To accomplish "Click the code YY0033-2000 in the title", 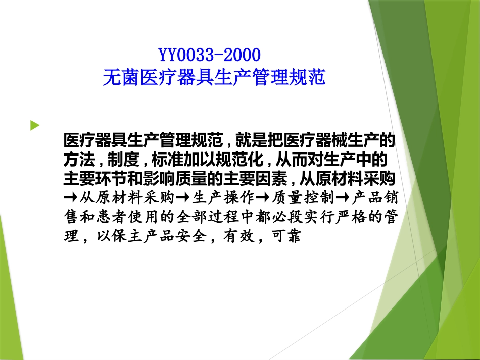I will pyautogui.click(x=210, y=54).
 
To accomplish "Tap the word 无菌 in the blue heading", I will pyautogui.click(x=115, y=77).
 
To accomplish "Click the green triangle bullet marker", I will pyautogui.click(x=34, y=125).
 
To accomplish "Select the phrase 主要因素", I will pyautogui.click(x=265, y=179).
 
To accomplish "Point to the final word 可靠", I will pyautogui.click(x=287, y=236).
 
